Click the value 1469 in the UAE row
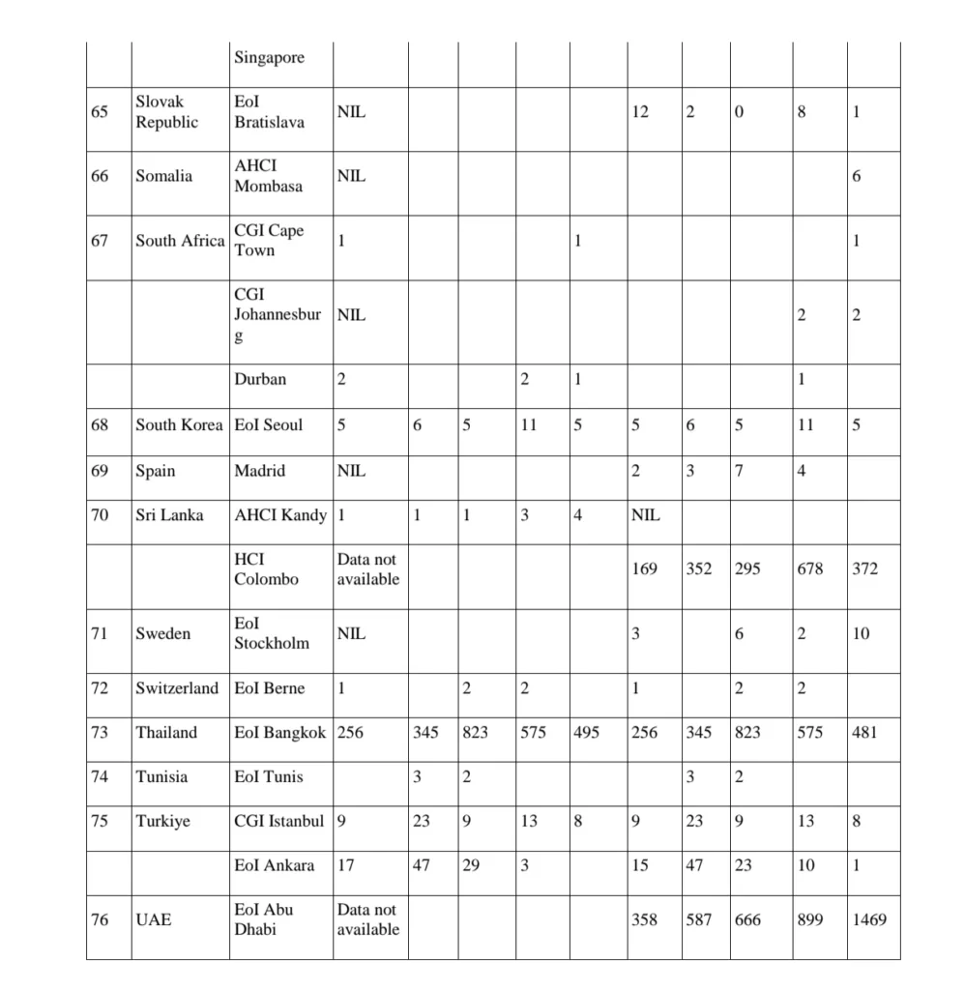pos(868,919)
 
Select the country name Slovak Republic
pos(166,112)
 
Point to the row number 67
pos(100,241)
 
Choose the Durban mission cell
pos(260,379)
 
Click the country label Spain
pos(155,471)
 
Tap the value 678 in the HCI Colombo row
pos(809,568)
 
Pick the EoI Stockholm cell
pos(271,633)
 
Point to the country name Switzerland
pos(177,688)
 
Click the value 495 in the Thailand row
pos(585,732)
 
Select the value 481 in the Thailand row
pos(864,732)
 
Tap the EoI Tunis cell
pos(268,776)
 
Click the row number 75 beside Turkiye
pos(100,821)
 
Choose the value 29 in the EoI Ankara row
pos(470,865)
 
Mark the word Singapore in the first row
pos(269,57)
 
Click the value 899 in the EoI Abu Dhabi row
pos(809,919)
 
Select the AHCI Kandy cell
pos(280,515)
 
